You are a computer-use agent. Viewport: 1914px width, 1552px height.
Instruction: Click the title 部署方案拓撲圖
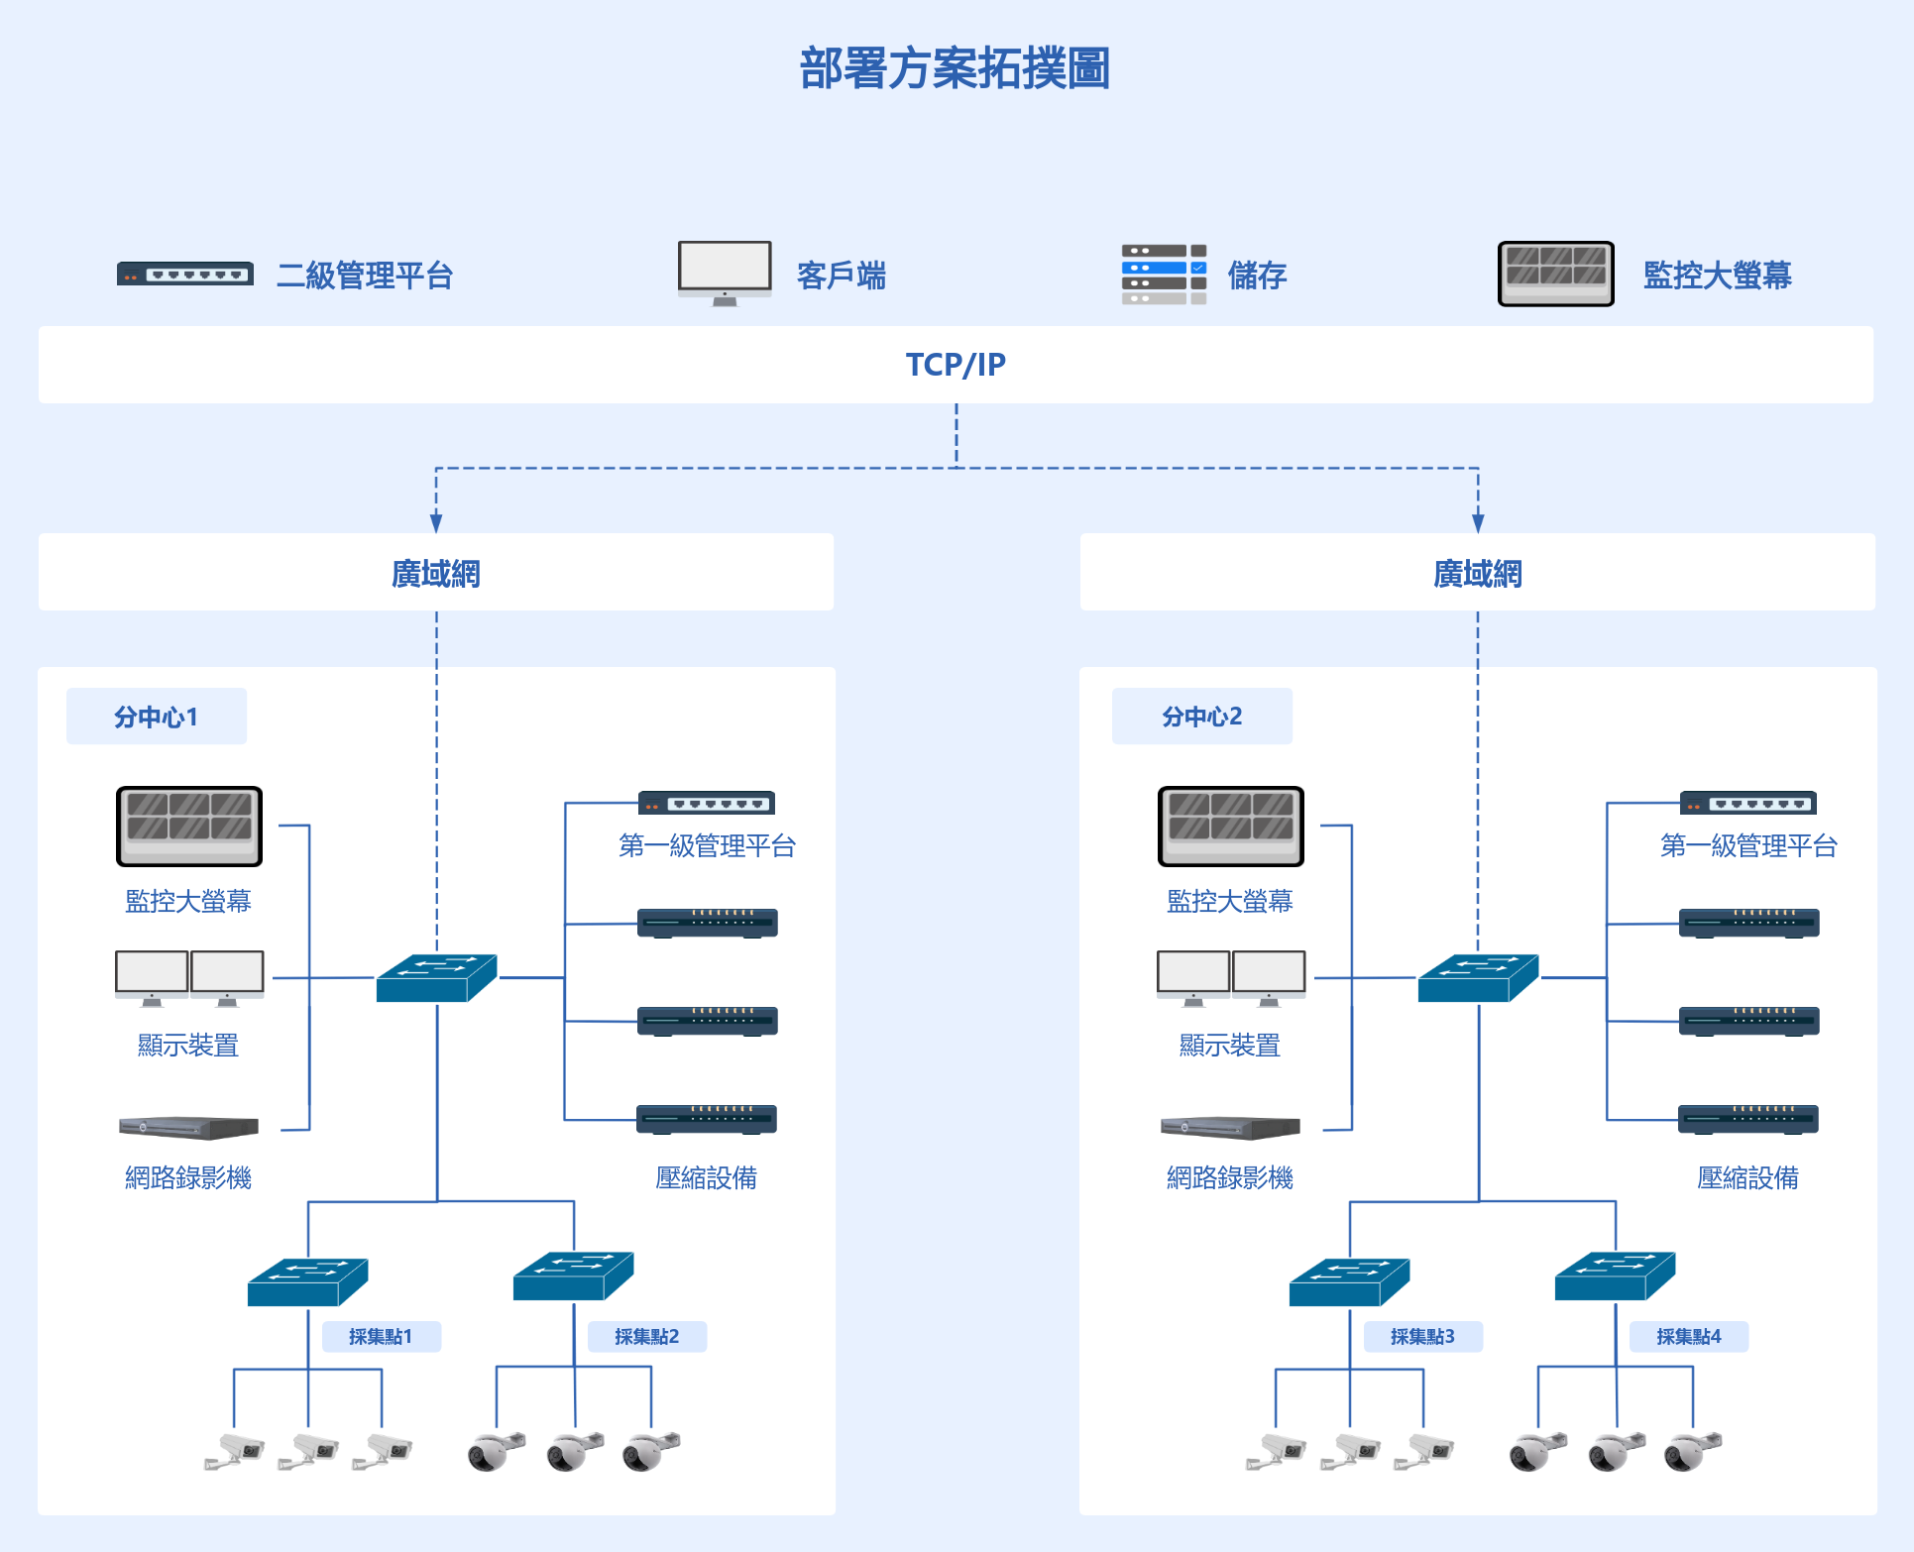point(955,68)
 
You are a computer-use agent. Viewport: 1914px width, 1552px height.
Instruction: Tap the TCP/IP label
point(956,365)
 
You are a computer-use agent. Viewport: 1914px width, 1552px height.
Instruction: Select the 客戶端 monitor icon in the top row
point(725,274)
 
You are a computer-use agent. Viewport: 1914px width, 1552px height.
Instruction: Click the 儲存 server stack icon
point(1164,274)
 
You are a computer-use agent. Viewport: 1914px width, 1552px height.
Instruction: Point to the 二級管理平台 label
point(365,275)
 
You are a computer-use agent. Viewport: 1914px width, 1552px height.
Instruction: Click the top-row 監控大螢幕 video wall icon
point(1555,274)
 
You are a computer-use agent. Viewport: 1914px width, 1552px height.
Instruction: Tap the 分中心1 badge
point(157,716)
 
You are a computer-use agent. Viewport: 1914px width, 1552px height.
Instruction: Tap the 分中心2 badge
point(1201,716)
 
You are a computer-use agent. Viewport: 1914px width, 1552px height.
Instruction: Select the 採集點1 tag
point(382,1336)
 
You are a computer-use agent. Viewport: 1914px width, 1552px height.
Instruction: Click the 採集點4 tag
point(1689,1336)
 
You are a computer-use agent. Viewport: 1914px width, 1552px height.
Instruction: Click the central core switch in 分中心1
point(437,978)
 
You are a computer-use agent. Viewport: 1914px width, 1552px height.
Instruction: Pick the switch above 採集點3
point(1349,1281)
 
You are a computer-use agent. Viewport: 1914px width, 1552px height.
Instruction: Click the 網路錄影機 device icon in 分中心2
point(1230,1128)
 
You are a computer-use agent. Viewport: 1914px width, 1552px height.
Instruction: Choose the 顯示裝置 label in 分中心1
point(188,1045)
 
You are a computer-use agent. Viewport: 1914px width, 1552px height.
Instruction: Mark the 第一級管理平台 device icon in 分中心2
point(1747,802)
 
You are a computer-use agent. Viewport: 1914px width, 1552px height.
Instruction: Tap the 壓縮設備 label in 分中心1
point(706,1177)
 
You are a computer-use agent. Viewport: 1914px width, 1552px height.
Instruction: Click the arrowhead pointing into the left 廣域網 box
point(436,524)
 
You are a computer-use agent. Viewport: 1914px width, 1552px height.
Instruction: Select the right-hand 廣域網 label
point(1478,573)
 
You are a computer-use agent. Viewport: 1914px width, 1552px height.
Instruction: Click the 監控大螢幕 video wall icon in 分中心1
point(189,827)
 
